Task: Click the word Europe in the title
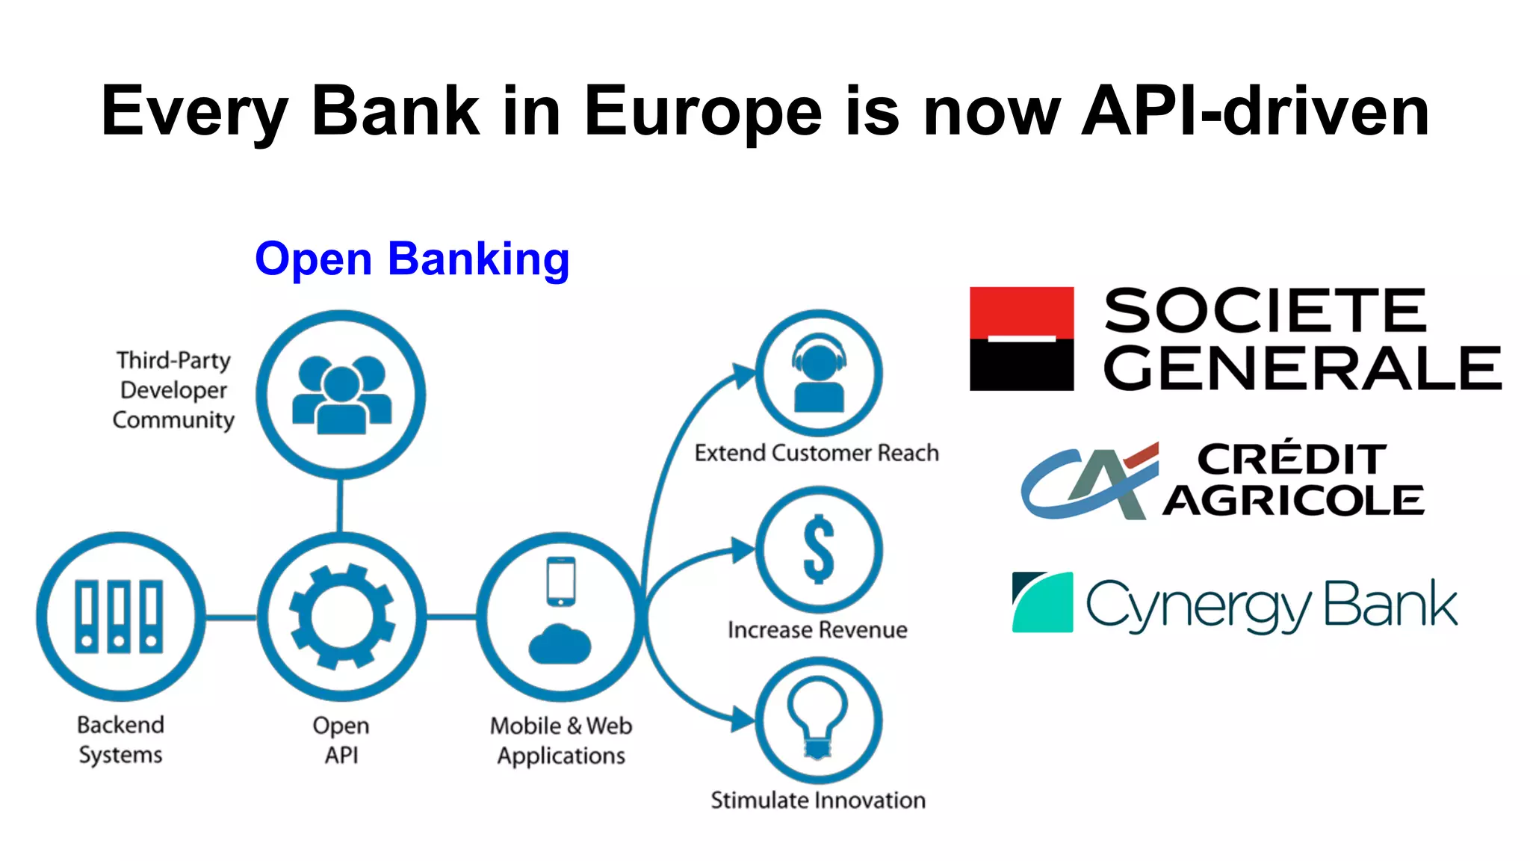[x=702, y=112]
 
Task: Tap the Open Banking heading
[x=412, y=259]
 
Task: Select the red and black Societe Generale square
[x=1021, y=339]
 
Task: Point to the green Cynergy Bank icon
[x=1042, y=602]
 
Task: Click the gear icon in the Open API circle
[x=342, y=617]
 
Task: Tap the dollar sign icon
[x=819, y=549]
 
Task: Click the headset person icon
[x=819, y=373]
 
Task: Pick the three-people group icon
[x=341, y=395]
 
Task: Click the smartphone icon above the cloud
[x=560, y=581]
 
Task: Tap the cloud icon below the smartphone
[x=560, y=644]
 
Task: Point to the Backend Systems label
[x=120, y=740]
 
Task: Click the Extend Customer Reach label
[x=817, y=453]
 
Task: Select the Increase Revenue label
[x=817, y=630]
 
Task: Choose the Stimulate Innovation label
[x=818, y=800]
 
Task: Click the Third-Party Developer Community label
[x=173, y=390]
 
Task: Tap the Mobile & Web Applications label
[x=561, y=741]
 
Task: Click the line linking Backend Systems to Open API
[x=231, y=617]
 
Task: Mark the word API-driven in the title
[x=1255, y=112]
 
